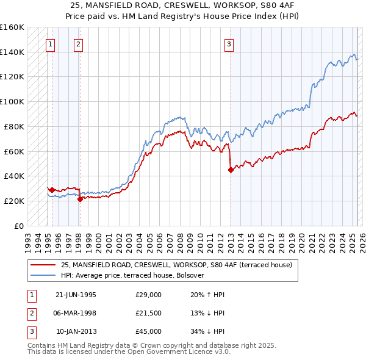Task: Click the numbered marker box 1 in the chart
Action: (50, 44)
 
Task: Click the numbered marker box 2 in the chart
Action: (79, 44)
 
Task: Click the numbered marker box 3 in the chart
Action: (229, 44)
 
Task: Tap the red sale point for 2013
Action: (231, 170)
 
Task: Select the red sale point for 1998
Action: (80, 199)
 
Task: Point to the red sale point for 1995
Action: (52, 190)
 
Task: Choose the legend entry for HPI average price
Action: (135, 275)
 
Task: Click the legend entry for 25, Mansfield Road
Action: (176, 265)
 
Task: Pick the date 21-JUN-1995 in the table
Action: (76, 295)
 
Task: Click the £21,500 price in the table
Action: (148, 313)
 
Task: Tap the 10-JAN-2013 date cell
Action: (76, 331)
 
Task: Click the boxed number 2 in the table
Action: (30, 313)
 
